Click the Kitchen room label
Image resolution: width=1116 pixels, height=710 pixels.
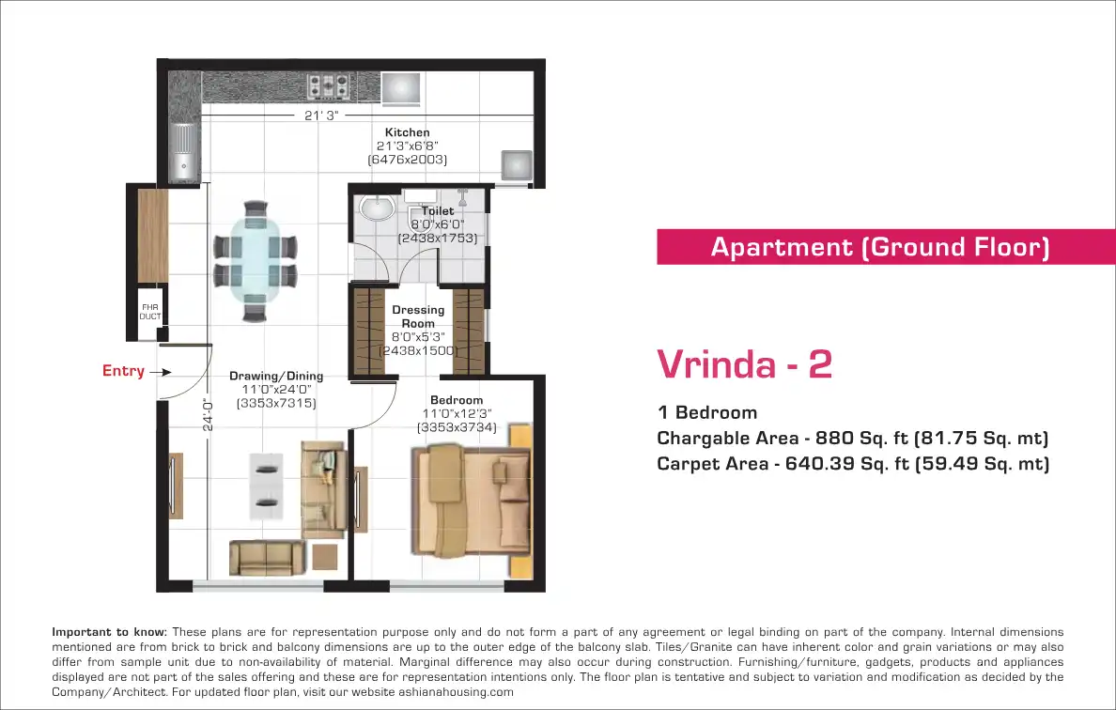point(407,132)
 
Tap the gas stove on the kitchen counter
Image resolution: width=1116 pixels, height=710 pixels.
point(328,86)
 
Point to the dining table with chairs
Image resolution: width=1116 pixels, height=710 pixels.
point(255,261)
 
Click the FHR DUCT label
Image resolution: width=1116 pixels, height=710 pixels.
point(149,312)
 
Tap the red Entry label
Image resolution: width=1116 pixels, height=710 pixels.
point(123,371)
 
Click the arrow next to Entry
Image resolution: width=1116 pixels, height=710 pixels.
point(161,372)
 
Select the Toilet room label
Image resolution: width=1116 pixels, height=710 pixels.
point(437,210)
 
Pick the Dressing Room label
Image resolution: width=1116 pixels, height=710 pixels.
point(418,316)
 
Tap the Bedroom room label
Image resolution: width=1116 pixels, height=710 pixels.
point(457,400)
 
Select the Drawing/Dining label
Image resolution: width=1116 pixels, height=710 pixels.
point(276,376)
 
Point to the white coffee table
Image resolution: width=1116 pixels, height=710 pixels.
point(266,486)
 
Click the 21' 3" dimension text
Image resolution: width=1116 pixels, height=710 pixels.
point(321,116)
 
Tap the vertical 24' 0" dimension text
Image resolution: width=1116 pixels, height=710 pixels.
point(207,414)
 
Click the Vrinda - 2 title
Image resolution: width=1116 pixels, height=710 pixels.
point(744,363)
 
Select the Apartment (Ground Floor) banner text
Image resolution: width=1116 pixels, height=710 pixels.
point(879,247)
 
